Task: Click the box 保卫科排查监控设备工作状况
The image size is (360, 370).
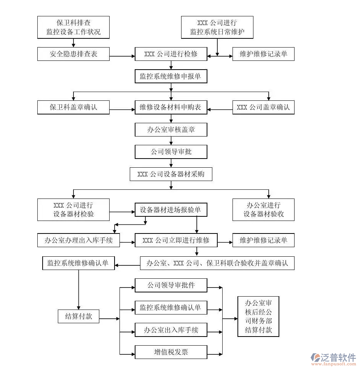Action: (73, 27)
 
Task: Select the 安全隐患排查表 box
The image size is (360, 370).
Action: (73, 54)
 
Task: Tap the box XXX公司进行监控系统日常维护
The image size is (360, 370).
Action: (217, 27)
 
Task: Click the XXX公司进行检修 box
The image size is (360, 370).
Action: (171, 54)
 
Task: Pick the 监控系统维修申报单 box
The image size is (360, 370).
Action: (171, 76)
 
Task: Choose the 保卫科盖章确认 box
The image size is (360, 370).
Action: (73, 107)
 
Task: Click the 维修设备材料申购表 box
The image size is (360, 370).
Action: (171, 107)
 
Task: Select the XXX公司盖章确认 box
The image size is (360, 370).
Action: (263, 107)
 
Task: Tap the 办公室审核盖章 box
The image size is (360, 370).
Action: (171, 130)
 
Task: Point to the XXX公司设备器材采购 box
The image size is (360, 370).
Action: (171, 174)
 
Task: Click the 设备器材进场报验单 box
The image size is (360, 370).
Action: (171, 210)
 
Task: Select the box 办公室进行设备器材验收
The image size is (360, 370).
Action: (263, 210)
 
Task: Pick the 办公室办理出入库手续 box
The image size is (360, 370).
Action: (78, 240)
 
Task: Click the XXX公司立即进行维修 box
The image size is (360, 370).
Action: (176, 240)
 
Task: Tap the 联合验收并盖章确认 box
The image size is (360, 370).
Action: (217, 263)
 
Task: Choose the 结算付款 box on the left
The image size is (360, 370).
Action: (78, 316)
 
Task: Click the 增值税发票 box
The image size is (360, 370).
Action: (171, 352)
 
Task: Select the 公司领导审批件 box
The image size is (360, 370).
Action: (171, 285)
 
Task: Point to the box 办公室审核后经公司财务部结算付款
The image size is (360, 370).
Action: (258, 316)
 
